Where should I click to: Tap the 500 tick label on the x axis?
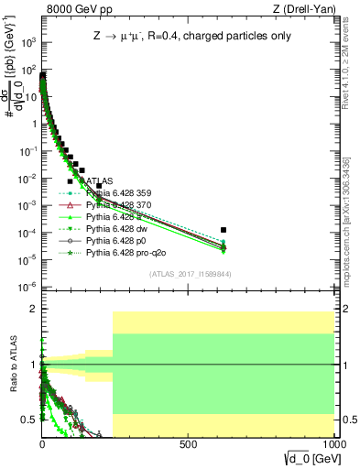click(189, 444)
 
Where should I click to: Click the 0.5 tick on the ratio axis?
click(29, 420)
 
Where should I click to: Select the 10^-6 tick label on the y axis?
click(27, 287)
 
